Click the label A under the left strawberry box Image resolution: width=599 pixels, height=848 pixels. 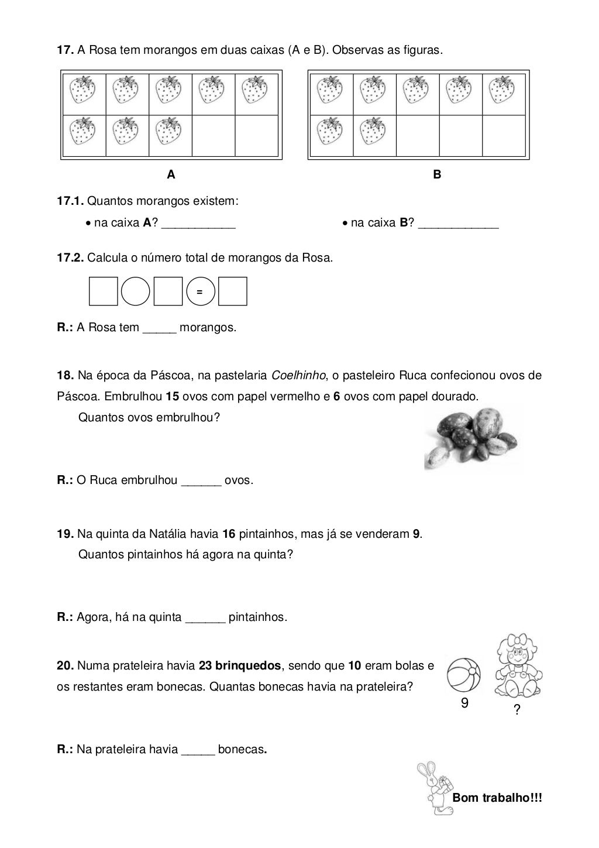[171, 174]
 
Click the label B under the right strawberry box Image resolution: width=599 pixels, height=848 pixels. [437, 174]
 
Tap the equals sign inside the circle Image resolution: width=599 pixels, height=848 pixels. [200, 291]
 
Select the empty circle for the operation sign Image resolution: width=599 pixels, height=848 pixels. [136, 291]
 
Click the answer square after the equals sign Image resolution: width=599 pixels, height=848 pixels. [233, 291]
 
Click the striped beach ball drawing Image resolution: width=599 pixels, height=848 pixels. [463, 675]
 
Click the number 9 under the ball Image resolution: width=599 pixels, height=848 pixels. [464, 703]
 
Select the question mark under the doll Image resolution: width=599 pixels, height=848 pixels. [517, 710]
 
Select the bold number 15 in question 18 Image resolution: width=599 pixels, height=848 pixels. [172, 396]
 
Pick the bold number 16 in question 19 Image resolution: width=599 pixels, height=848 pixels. [229, 534]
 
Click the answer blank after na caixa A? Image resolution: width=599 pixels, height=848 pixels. [198, 224]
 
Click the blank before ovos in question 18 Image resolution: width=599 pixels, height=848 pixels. [201, 481]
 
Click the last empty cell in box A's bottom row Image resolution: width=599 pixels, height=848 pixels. [256, 136]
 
